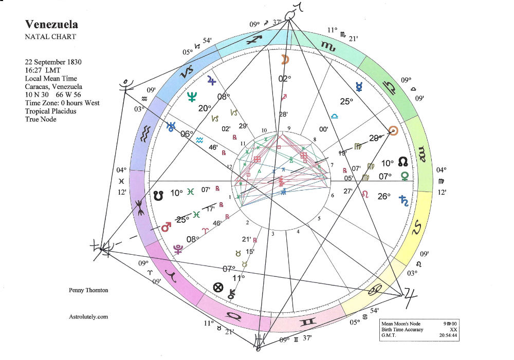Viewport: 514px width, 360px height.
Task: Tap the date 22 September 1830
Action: click(53, 62)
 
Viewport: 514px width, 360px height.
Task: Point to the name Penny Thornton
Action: click(89, 291)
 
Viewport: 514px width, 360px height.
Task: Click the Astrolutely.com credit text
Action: click(88, 317)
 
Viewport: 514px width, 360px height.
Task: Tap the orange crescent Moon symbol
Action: click(284, 60)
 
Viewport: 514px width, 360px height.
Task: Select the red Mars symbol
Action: click(166, 226)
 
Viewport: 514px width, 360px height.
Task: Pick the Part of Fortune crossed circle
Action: click(218, 288)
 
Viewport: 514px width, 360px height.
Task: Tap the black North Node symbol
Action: click(403, 162)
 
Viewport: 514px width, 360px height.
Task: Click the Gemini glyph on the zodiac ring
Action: click(309, 322)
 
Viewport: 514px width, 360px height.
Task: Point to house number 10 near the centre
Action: click(265, 130)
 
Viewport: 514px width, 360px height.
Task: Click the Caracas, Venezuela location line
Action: click(53, 87)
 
